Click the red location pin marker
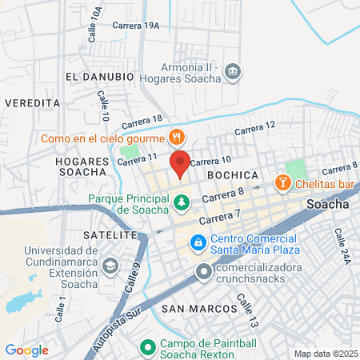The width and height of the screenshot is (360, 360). click(180, 163)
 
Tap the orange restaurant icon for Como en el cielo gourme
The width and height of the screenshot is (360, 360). click(177, 138)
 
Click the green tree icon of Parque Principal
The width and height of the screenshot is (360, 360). click(182, 204)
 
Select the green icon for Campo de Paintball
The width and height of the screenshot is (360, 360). click(147, 348)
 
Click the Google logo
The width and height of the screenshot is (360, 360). click(26, 350)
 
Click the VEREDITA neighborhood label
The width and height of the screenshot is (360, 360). click(33, 103)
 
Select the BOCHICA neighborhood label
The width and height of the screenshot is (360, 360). click(231, 174)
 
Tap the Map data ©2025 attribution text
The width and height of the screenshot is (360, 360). click(326, 353)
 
